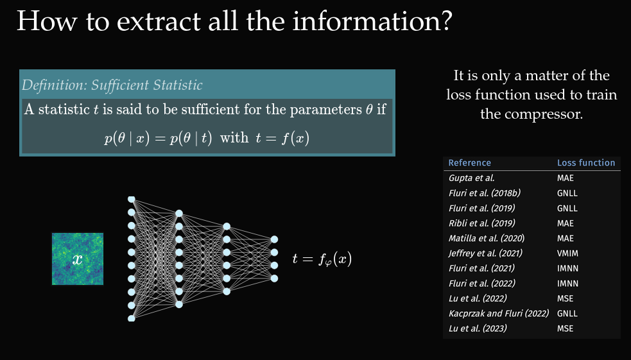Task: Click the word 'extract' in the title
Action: [159, 21]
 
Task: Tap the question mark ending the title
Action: [446, 21]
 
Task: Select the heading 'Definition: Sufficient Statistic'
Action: [112, 85]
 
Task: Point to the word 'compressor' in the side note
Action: [532, 114]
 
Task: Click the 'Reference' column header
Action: [470, 163]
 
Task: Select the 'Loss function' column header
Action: [586, 163]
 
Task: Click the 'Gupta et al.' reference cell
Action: [472, 178]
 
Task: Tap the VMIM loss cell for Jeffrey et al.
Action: [567, 253]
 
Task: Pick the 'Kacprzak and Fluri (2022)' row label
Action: [499, 314]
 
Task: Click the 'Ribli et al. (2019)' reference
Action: [481, 223]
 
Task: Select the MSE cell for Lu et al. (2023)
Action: [565, 329]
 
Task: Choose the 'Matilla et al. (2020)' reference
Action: [487, 239]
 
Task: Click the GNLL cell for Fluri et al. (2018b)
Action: [567, 193]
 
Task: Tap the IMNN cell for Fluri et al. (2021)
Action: [567, 268]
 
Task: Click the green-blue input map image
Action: [78, 259]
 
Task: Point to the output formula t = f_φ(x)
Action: [322, 259]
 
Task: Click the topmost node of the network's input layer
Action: [131, 200]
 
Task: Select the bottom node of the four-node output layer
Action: [274, 279]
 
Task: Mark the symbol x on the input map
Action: [77, 259]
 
